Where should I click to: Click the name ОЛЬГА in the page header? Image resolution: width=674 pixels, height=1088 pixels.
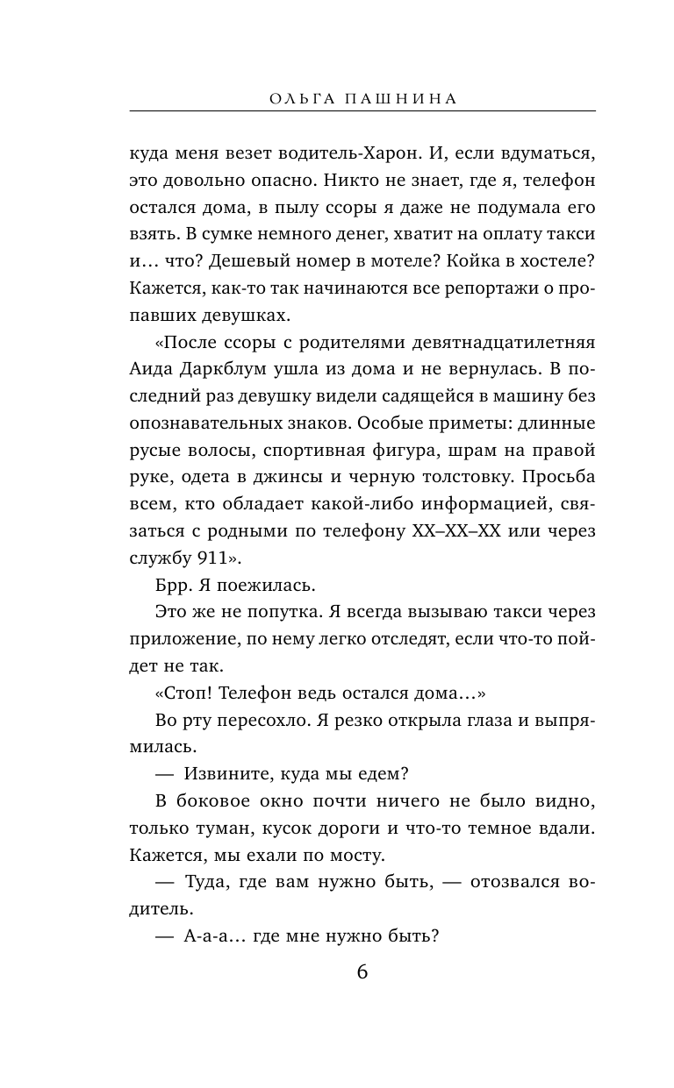[x=303, y=99]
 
